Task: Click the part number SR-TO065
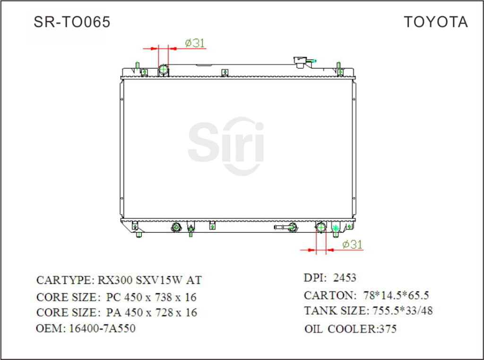pos(72,22)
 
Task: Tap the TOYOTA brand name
pos(435,22)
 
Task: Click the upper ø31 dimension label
pos(195,43)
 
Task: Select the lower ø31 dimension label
pos(352,244)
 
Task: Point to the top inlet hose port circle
pos(164,70)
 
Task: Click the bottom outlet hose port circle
pos(321,228)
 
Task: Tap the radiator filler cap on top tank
pos(301,61)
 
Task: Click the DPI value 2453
pos(345,278)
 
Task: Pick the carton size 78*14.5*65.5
pos(396,296)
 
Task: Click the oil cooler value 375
pos(387,329)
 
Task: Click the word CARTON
pos(328,296)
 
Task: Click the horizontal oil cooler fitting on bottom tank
pos(285,227)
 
